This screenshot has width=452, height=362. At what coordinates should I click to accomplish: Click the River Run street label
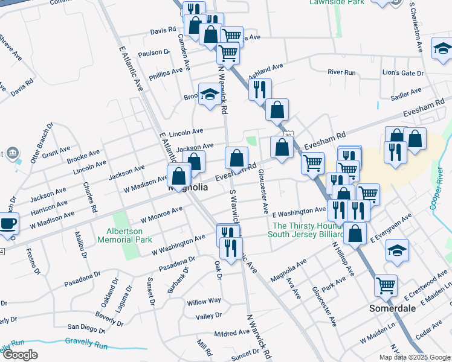(341, 72)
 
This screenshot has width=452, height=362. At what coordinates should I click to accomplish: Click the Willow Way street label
(204, 301)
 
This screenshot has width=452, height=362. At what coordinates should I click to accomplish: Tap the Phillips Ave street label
(166, 71)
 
